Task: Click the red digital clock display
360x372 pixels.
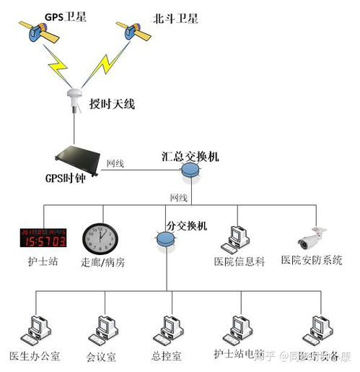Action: point(43,238)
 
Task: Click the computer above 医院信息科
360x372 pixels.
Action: point(238,238)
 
